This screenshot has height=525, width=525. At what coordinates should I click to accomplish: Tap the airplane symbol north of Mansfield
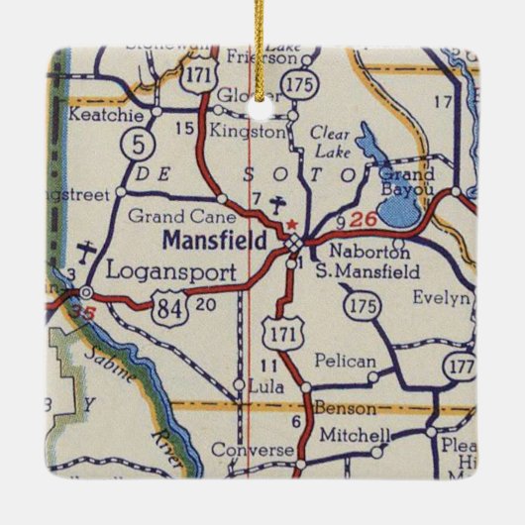point(278,205)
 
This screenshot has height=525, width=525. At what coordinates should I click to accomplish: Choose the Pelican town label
point(345,362)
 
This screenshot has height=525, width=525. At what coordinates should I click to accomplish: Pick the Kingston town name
point(250,130)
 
